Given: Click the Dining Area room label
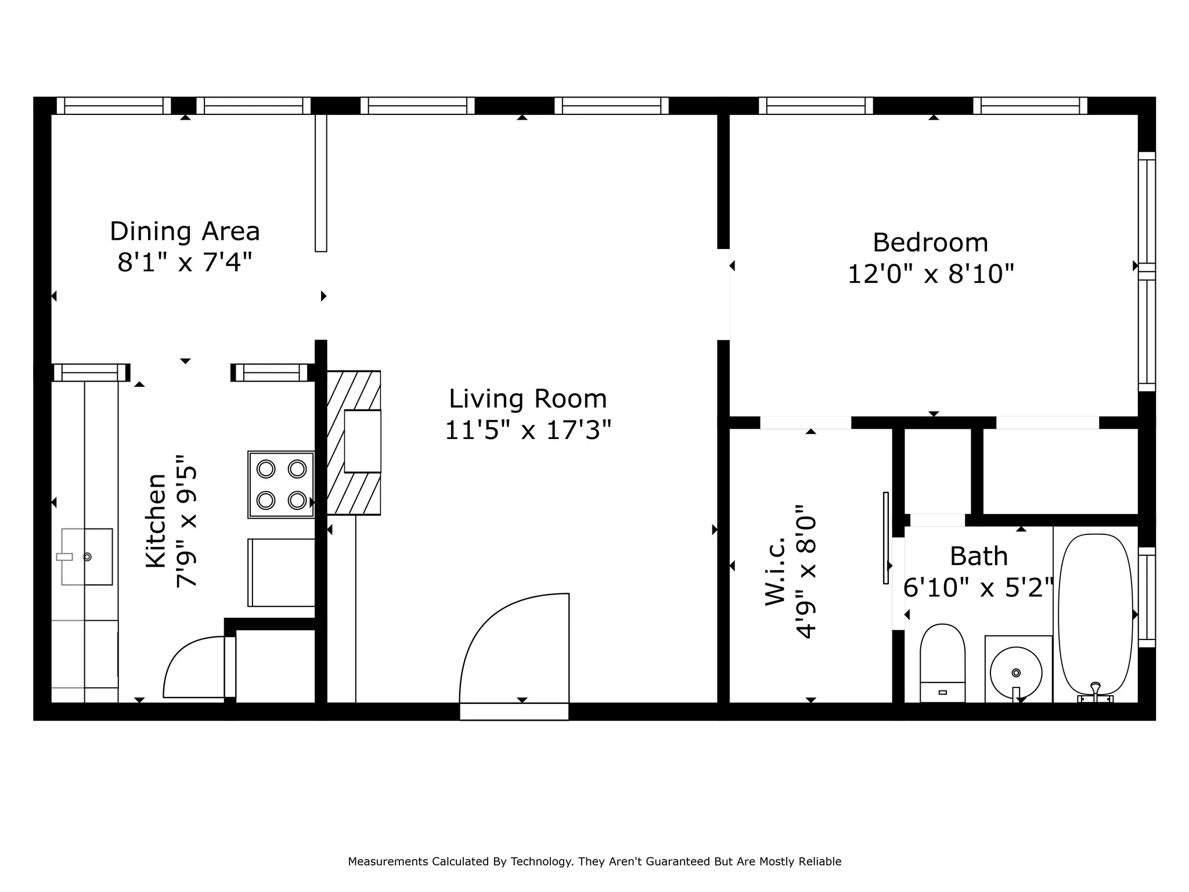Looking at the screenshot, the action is click(x=185, y=231).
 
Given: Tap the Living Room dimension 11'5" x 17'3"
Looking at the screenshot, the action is click(x=528, y=430).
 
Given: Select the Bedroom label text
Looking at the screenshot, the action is click(x=930, y=242).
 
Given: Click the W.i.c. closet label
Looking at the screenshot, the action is click(x=775, y=571).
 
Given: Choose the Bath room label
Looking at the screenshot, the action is click(x=978, y=556).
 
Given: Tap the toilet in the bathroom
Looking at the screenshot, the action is click(x=942, y=663).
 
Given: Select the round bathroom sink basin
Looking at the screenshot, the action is click(x=1015, y=673).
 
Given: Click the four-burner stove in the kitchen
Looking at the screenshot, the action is click(x=281, y=484).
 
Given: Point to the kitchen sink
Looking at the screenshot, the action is click(x=87, y=556).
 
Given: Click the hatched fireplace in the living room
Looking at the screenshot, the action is click(x=354, y=443).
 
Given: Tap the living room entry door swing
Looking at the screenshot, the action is click(x=514, y=648).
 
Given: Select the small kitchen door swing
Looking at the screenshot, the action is click(x=194, y=667).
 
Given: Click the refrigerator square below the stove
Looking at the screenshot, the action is click(x=282, y=573).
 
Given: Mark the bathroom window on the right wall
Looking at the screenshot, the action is click(x=1147, y=597).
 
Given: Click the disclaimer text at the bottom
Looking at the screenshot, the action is click(x=594, y=861).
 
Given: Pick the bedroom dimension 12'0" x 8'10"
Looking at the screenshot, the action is click(x=931, y=274).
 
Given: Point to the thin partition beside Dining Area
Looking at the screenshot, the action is click(x=321, y=183).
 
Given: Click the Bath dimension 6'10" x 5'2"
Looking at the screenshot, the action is click(x=978, y=588).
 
